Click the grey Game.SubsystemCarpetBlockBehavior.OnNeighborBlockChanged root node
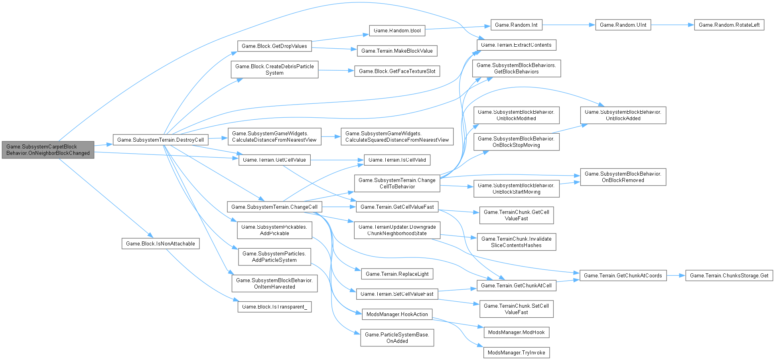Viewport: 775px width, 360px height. click(48, 150)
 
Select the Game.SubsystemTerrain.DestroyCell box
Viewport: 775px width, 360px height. click(160, 140)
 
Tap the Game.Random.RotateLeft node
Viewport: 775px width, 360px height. click(729, 25)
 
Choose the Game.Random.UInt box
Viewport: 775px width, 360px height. click(623, 25)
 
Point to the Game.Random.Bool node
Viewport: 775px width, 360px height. click(397, 30)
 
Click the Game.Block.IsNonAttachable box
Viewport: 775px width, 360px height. click(160, 243)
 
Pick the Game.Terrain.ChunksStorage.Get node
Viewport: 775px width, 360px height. click(729, 275)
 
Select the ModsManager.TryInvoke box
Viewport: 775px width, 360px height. click(516, 352)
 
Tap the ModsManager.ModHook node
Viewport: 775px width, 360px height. click(516, 332)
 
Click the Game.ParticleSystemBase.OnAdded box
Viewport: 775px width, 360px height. click(397, 338)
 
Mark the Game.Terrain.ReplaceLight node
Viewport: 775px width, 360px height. click(397, 274)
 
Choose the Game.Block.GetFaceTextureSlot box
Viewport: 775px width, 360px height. click(397, 71)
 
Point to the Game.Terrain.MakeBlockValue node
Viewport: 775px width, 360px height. click(397, 51)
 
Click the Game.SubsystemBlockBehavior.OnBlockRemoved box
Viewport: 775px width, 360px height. click(623, 177)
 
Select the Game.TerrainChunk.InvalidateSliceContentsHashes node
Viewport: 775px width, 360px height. click(516, 242)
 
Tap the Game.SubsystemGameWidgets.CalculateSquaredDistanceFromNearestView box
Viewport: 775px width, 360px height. click(397, 136)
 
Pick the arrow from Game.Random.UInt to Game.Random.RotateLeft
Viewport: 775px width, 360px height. click(672, 25)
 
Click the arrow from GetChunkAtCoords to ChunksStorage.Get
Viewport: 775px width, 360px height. click(676, 275)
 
